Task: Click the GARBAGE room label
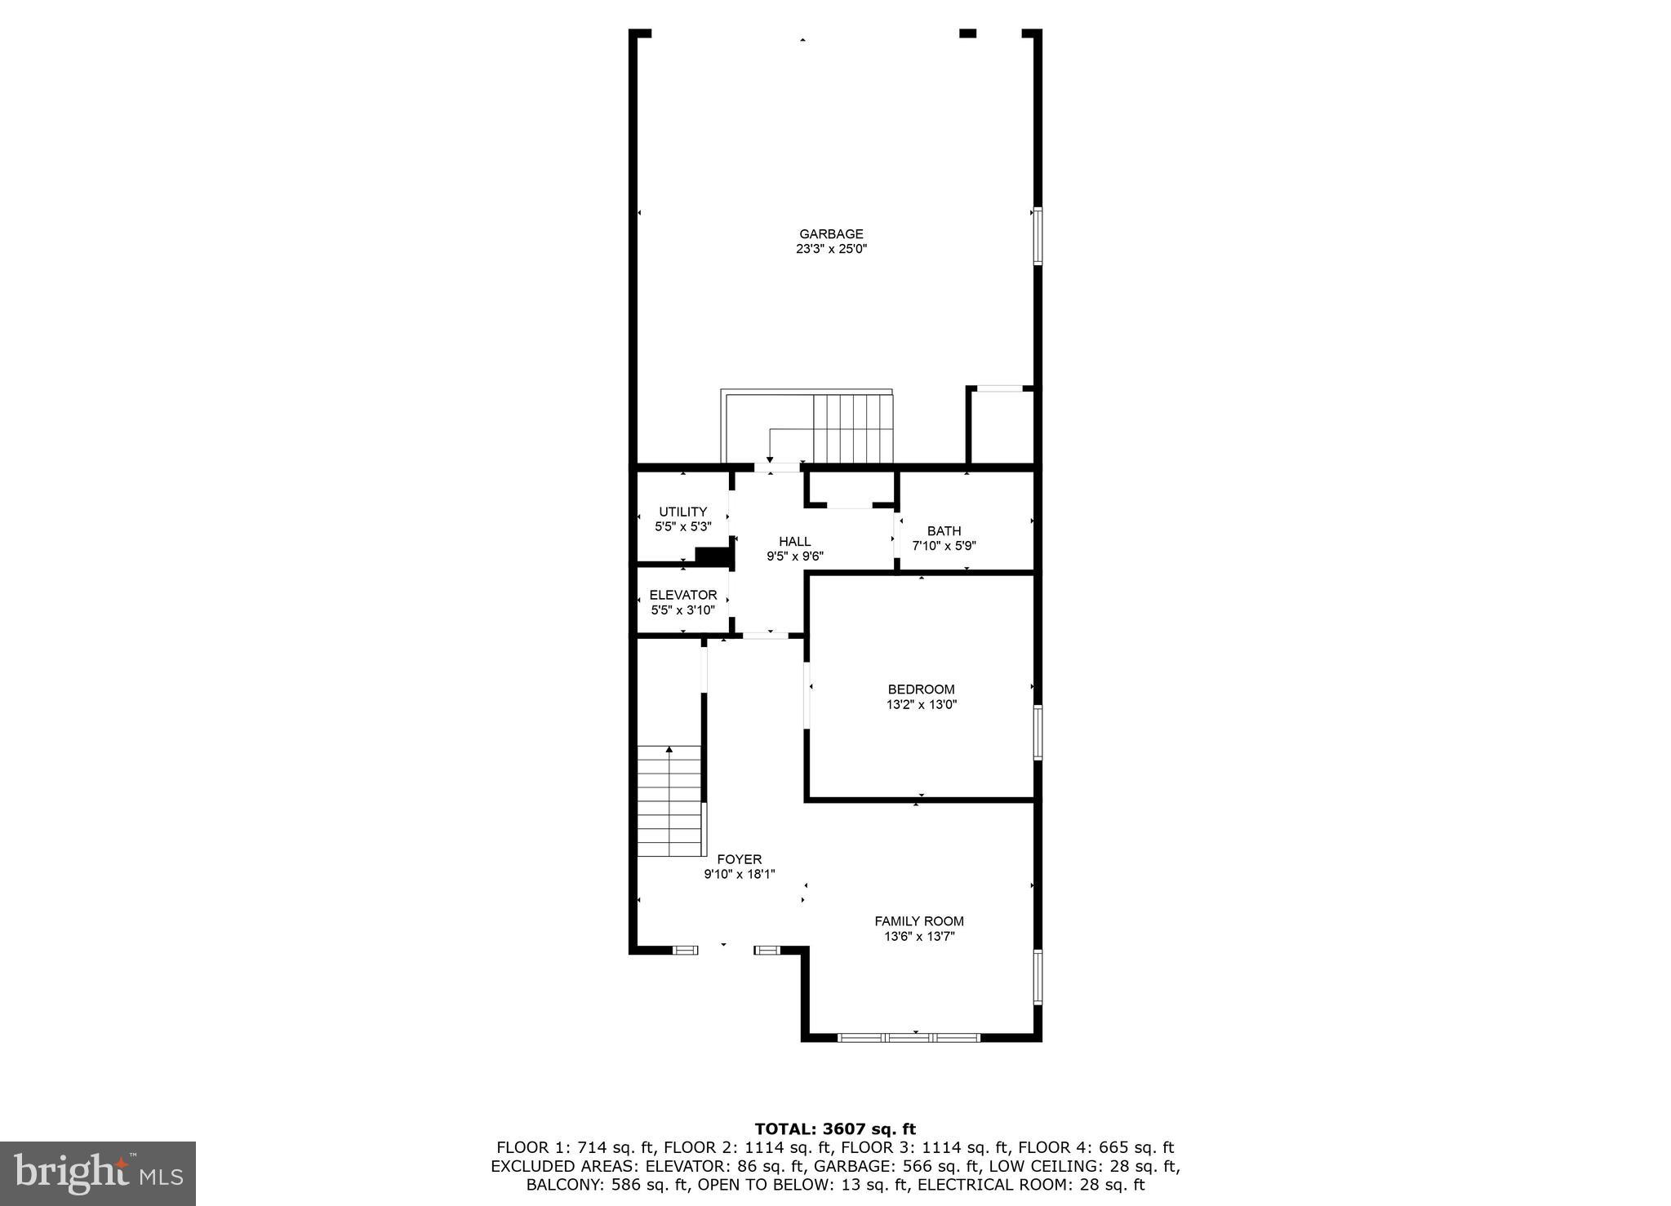831,234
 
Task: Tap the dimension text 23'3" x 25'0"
831,250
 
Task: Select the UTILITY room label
682,512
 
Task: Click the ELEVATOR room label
682,595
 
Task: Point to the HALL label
794,541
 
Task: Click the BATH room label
944,531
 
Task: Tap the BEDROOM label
921,689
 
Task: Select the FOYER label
739,859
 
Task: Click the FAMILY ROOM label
919,921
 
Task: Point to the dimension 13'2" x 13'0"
921,705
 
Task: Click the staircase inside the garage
852,428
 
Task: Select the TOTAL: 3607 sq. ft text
835,1129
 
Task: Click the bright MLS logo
97,1173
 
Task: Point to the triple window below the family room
909,1038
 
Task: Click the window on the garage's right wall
1038,237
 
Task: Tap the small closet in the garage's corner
1001,426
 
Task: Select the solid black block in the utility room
712,556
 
